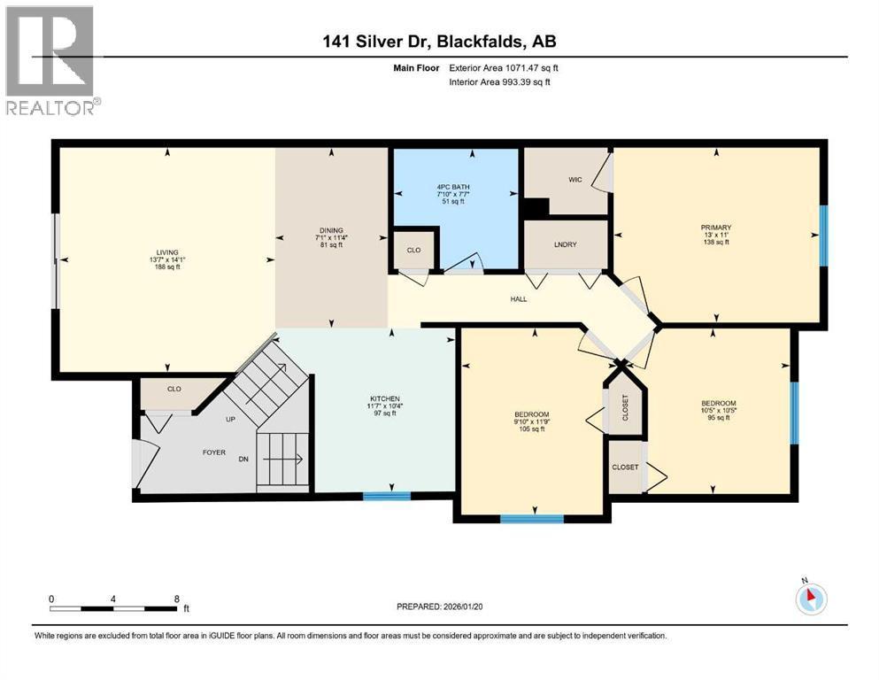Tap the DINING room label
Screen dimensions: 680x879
[331, 230]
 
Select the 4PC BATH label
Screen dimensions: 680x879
[455, 186]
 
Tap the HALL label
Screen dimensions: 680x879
[519, 299]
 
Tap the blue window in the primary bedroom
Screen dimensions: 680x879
[823, 236]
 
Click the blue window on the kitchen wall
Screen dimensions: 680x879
[387, 496]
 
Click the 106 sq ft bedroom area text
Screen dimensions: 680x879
[532, 429]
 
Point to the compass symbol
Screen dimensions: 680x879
[809, 599]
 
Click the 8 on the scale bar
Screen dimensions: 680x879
[177, 599]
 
